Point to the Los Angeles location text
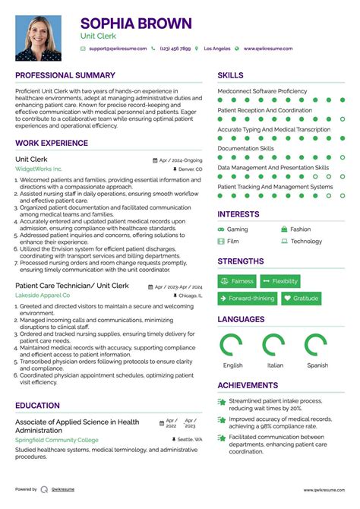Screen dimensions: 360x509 tap(216, 49)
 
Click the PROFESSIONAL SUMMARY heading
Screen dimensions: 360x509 tap(65, 76)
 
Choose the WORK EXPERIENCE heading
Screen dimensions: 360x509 tap(52, 142)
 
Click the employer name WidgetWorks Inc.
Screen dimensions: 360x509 tap(39, 169)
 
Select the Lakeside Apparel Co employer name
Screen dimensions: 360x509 tap(43, 295)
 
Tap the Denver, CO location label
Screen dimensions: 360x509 tap(189, 169)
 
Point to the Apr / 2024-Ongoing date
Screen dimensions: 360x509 tap(181, 160)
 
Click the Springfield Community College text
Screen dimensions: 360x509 tap(57, 440)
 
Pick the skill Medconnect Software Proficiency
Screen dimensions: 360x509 tap(263, 91)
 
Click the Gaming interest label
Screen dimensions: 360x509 tap(237, 229)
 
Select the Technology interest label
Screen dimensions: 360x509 tap(306, 242)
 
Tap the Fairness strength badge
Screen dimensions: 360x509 tap(237, 281)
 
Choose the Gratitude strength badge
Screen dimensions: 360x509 tap(301, 299)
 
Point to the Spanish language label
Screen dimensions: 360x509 tap(317, 365)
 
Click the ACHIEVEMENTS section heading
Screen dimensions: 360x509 tap(248, 385)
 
